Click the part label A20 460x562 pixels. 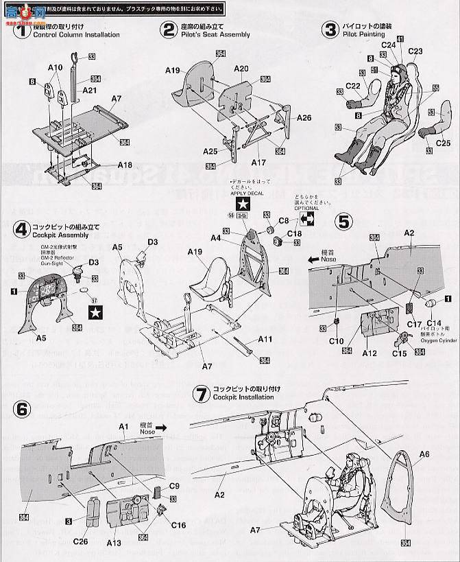tap(241, 69)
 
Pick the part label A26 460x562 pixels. tap(304, 117)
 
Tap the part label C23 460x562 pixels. tap(415, 51)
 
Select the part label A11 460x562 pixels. tap(265, 339)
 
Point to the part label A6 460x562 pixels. tap(423, 454)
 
